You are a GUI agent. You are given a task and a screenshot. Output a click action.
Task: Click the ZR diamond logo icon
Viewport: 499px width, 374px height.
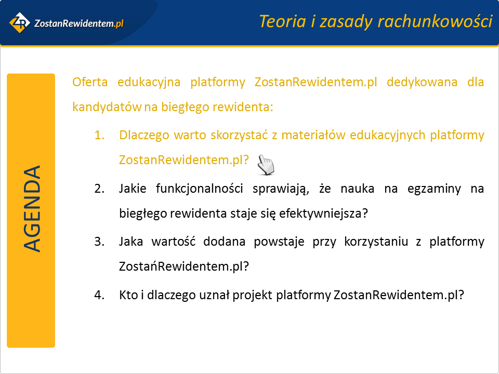[20, 22]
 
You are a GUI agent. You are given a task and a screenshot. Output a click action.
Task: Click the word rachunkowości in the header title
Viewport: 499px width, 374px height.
[435, 22]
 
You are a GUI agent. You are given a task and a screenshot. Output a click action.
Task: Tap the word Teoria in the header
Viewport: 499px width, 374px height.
[283, 22]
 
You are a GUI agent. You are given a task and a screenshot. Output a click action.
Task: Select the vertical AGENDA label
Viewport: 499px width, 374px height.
[32, 209]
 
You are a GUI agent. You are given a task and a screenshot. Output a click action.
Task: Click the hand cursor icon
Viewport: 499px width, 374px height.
[266, 165]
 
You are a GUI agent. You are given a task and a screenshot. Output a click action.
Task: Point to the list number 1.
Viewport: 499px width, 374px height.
[99, 135]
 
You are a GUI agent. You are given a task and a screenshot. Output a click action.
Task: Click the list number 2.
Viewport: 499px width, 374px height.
[99, 189]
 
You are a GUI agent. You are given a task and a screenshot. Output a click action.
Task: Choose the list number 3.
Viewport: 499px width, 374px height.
[99, 242]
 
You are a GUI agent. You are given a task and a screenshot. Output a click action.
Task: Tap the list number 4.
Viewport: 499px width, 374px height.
[99, 295]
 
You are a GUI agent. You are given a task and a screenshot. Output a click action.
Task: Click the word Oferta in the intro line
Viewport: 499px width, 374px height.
[90, 82]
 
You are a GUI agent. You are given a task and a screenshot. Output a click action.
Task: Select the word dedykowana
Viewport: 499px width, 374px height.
[422, 82]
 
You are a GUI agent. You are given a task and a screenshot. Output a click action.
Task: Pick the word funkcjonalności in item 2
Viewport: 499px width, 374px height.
[200, 189]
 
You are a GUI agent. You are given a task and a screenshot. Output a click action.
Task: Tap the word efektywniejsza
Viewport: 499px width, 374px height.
[323, 213]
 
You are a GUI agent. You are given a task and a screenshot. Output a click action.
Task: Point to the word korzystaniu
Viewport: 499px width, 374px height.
[376, 242]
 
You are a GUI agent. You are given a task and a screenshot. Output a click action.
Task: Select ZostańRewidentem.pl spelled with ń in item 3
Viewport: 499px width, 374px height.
[183, 266]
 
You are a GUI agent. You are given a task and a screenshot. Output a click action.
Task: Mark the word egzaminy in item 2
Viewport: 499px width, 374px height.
[434, 189]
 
